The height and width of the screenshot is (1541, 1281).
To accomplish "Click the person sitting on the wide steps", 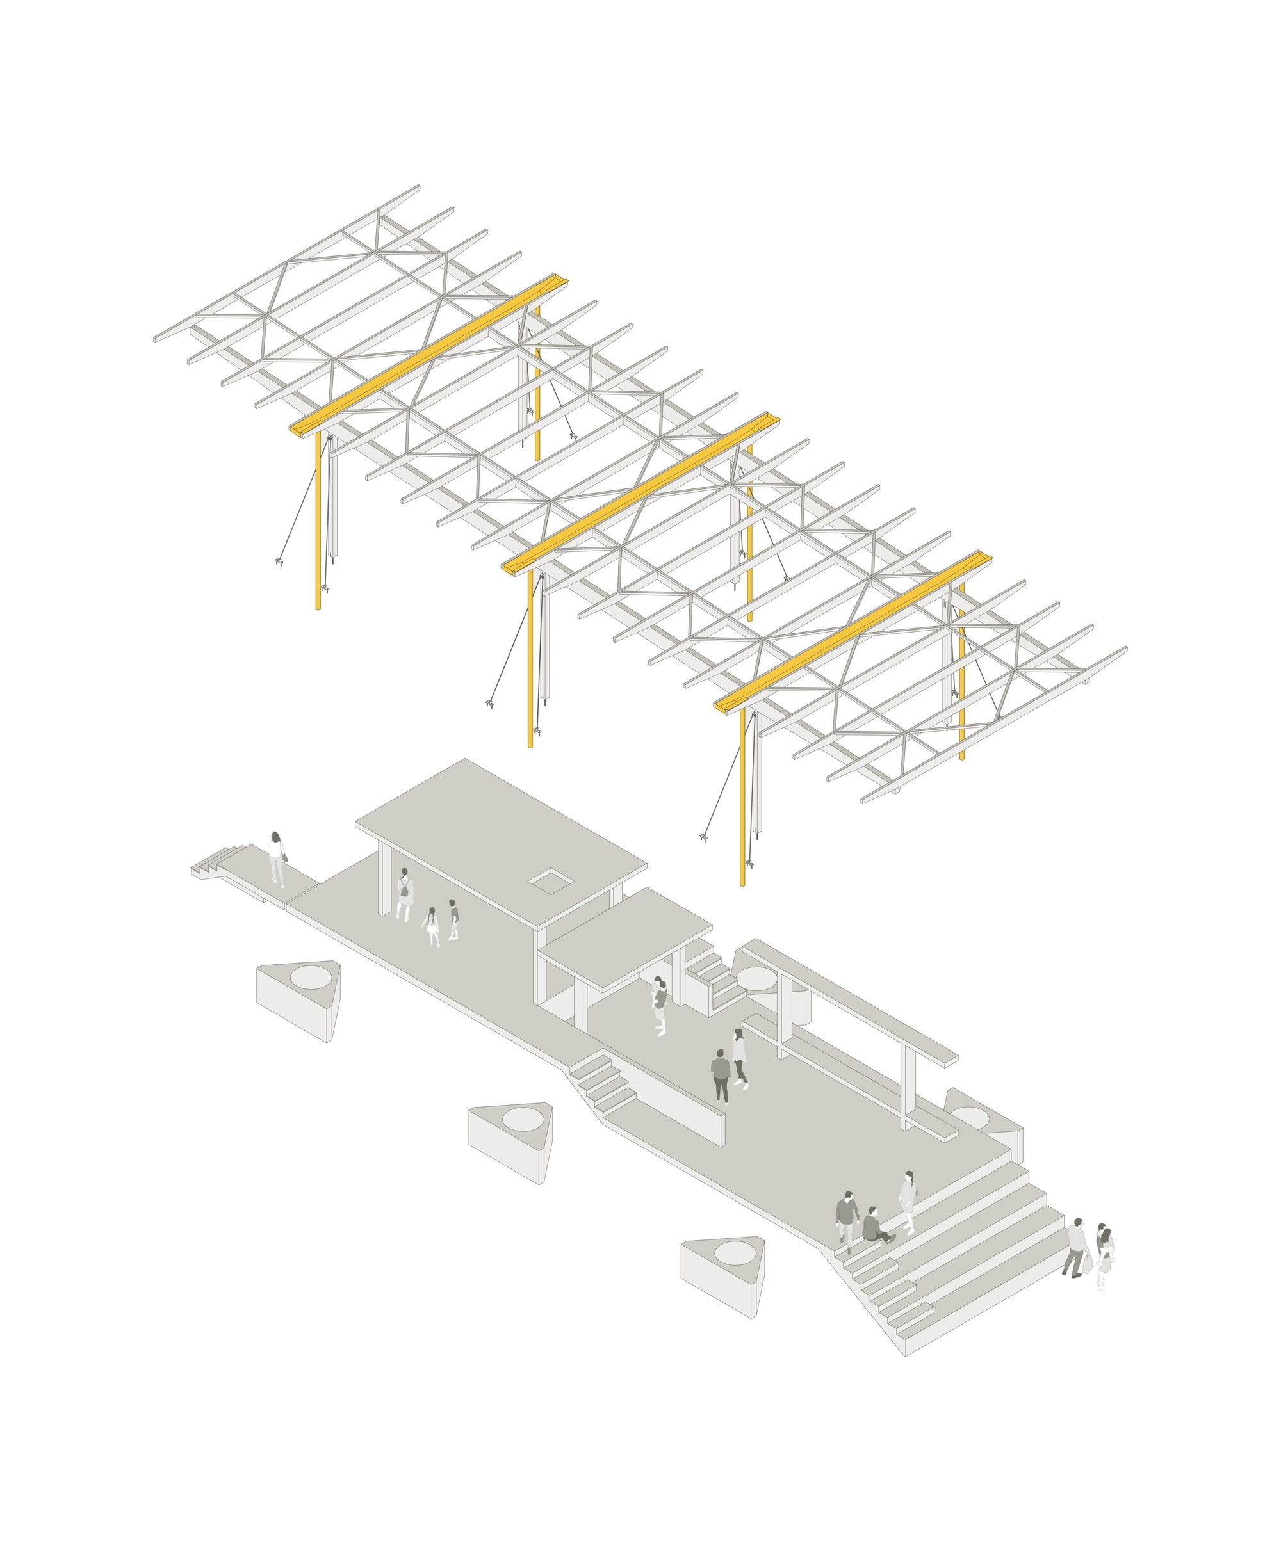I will [x=874, y=1226].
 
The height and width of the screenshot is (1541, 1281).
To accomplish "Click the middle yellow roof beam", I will [x=641, y=493].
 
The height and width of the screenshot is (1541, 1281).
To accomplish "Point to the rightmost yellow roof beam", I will [x=853, y=632].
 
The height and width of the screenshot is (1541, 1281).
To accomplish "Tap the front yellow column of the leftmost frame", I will [x=318, y=521].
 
